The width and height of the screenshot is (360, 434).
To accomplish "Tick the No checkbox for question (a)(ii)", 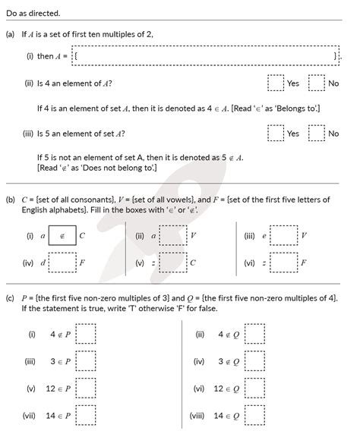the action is coord(317,83).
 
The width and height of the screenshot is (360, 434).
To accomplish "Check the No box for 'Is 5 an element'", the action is coord(317,134).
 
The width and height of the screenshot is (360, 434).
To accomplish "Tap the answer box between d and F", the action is coord(62,263).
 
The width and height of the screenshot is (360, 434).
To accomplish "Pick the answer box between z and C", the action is coord(173,263).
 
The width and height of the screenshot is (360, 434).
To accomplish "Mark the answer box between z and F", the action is coord(283,263).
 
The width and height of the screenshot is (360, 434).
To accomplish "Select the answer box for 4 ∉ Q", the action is coord(254,334).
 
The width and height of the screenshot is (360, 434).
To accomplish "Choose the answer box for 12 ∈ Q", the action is coord(254,388).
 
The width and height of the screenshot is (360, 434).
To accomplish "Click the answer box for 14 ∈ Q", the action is coord(254,416).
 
